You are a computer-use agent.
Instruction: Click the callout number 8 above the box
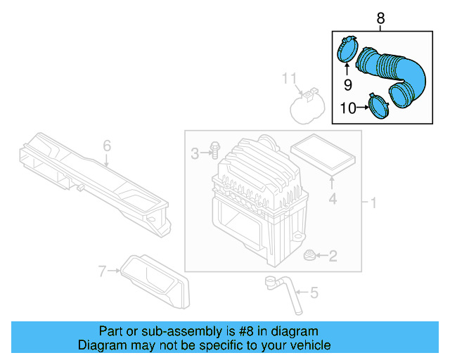(x=380, y=18)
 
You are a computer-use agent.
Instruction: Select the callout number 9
(x=347, y=85)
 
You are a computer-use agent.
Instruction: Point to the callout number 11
(x=290, y=77)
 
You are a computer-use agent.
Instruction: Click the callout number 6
(x=107, y=146)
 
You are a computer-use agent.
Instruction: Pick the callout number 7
(x=103, y=271)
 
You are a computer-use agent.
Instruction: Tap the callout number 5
(x=314, y=291)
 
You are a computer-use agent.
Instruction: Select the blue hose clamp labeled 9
(x=346, y=50)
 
